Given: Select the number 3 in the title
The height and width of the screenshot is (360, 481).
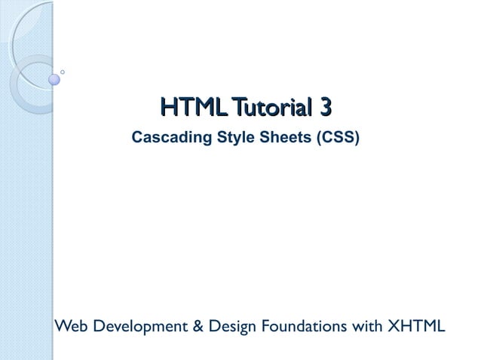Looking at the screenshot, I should click(x=325, y=109).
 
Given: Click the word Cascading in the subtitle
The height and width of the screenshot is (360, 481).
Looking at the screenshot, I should click(x=164, y=138).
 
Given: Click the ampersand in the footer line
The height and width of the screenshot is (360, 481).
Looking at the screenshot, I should click(x=191, y=326).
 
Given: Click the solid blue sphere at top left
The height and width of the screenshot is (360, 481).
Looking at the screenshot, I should click(x=54, y=78).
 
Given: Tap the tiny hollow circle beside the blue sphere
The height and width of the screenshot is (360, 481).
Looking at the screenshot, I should click(x=62, y=72).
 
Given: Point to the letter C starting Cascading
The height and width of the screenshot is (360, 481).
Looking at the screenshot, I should click(x=137, y=138).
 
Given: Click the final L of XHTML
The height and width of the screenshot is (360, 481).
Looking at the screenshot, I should click(x=441, y=326).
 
